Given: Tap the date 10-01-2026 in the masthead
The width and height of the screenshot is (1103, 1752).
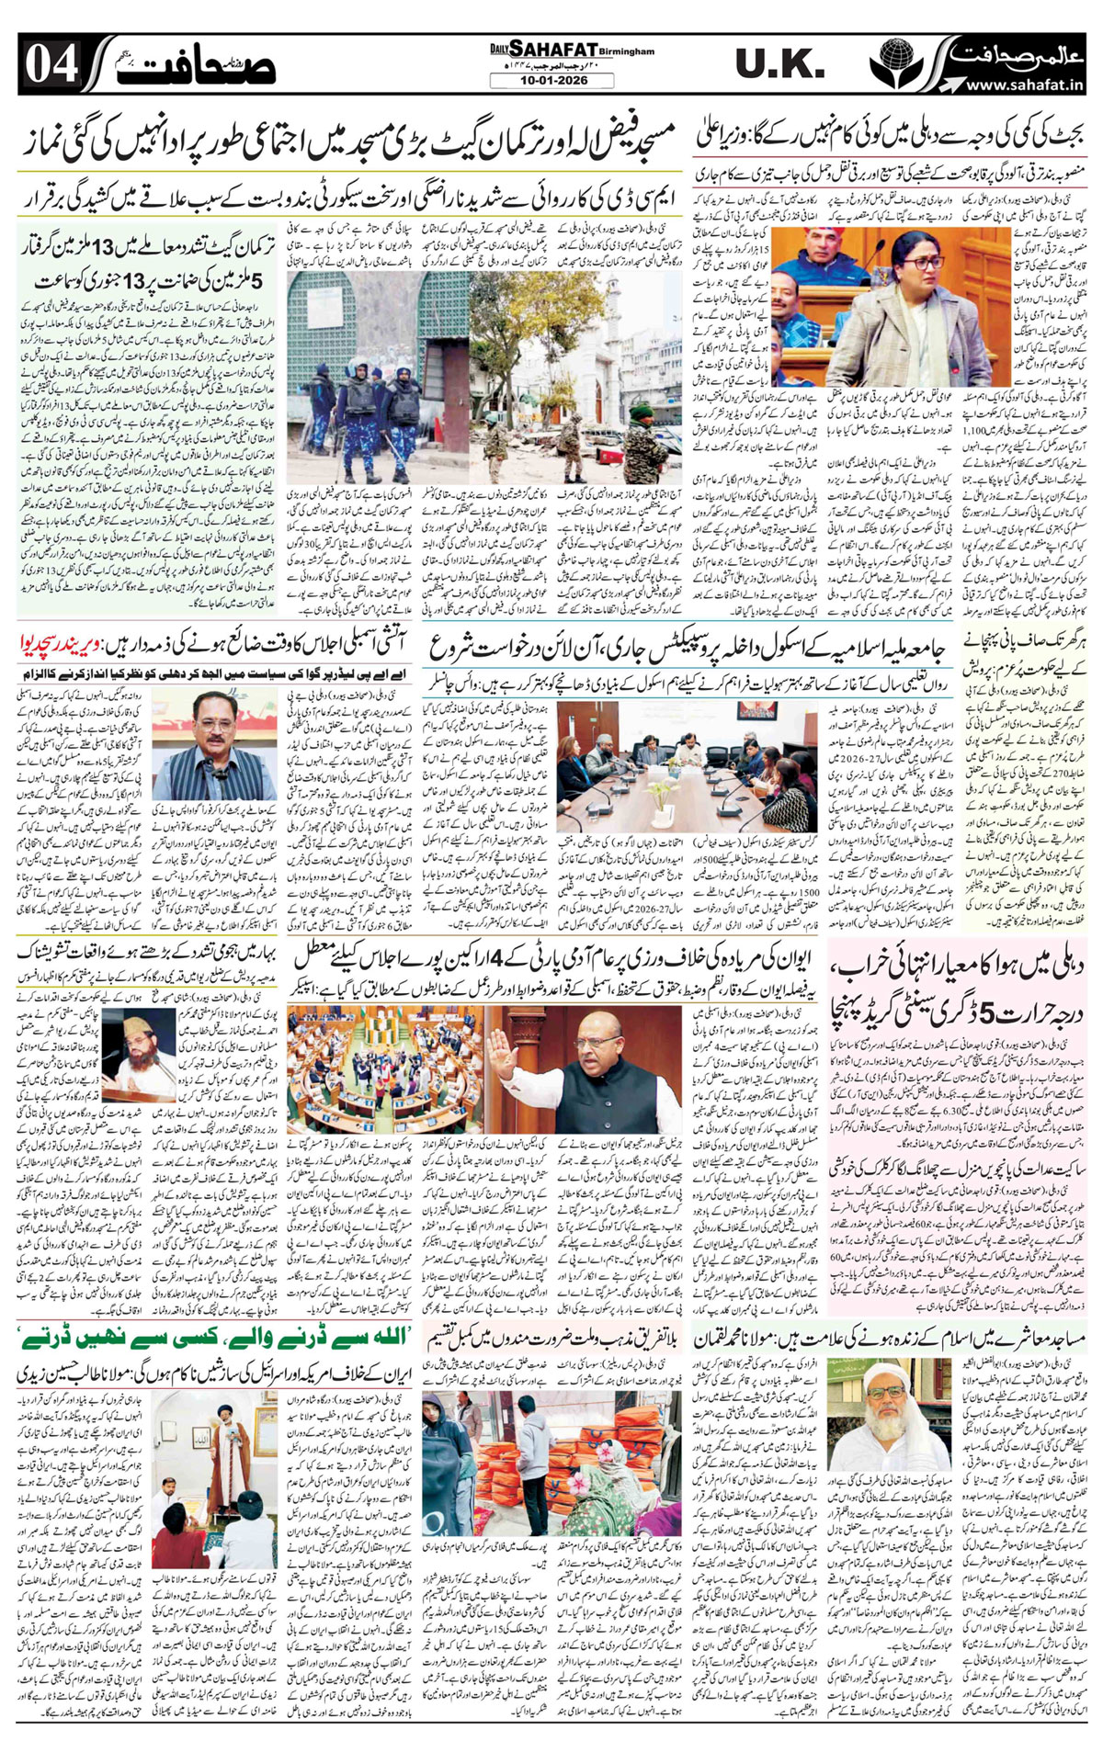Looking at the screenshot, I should [x=551, y=81].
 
